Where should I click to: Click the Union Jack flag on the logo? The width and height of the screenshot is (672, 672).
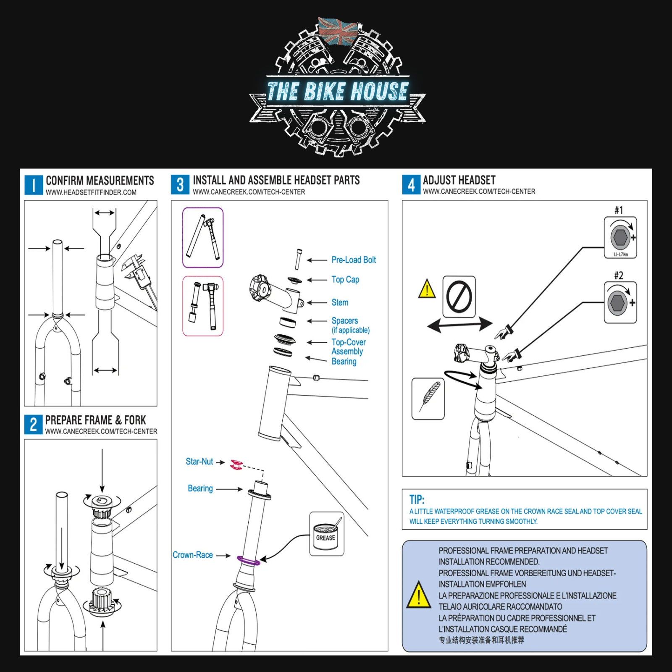click(x=338, y=31)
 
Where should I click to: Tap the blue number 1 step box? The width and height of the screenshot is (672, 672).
click(x=34, y=185)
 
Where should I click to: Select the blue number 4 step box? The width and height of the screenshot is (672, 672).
click(x=411, y=184)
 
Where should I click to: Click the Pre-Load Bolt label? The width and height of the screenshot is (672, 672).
click(x=353, y=260)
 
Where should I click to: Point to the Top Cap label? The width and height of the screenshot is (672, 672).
click(x=345, y=280)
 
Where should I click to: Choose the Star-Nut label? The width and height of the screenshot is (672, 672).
click(x=199, y=462)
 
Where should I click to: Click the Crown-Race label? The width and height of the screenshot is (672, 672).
click(x=193, y=555)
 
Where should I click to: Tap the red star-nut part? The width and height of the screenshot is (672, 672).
click(x=236, y=465)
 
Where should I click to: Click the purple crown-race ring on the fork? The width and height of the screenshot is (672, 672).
click(x=248, y=560)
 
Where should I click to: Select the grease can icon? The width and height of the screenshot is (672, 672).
click(x=326, y=534)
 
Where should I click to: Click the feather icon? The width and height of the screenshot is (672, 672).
click(x=428, y=398)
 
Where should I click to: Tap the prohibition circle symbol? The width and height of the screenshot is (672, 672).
click(x=459, y=297)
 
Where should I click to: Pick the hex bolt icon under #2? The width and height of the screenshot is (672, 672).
click(x=617, y=302)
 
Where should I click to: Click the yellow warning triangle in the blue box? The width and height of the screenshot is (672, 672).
click(x=418, y=596)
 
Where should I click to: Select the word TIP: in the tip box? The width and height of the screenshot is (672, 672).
click(x=417, y=499)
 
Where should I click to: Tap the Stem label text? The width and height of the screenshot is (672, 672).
click(x=340, y=302)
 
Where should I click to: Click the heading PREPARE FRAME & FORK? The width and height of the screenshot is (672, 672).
click(x=95, y=420)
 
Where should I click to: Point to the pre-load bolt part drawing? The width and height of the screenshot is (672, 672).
click(x=298, y=259)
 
